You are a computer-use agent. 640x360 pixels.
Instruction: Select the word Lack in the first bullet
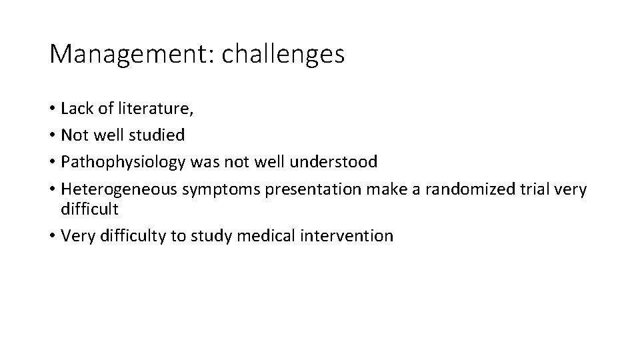[75, 108]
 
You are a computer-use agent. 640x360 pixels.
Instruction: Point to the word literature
[141, 108]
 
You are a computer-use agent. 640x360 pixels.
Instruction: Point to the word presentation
[311, 189]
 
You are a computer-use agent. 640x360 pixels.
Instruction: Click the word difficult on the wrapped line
[89, 209]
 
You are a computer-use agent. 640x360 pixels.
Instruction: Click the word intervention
[352, 236]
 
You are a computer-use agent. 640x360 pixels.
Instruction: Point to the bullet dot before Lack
[52, 109]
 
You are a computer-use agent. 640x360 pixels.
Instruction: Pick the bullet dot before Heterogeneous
[52, 190]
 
